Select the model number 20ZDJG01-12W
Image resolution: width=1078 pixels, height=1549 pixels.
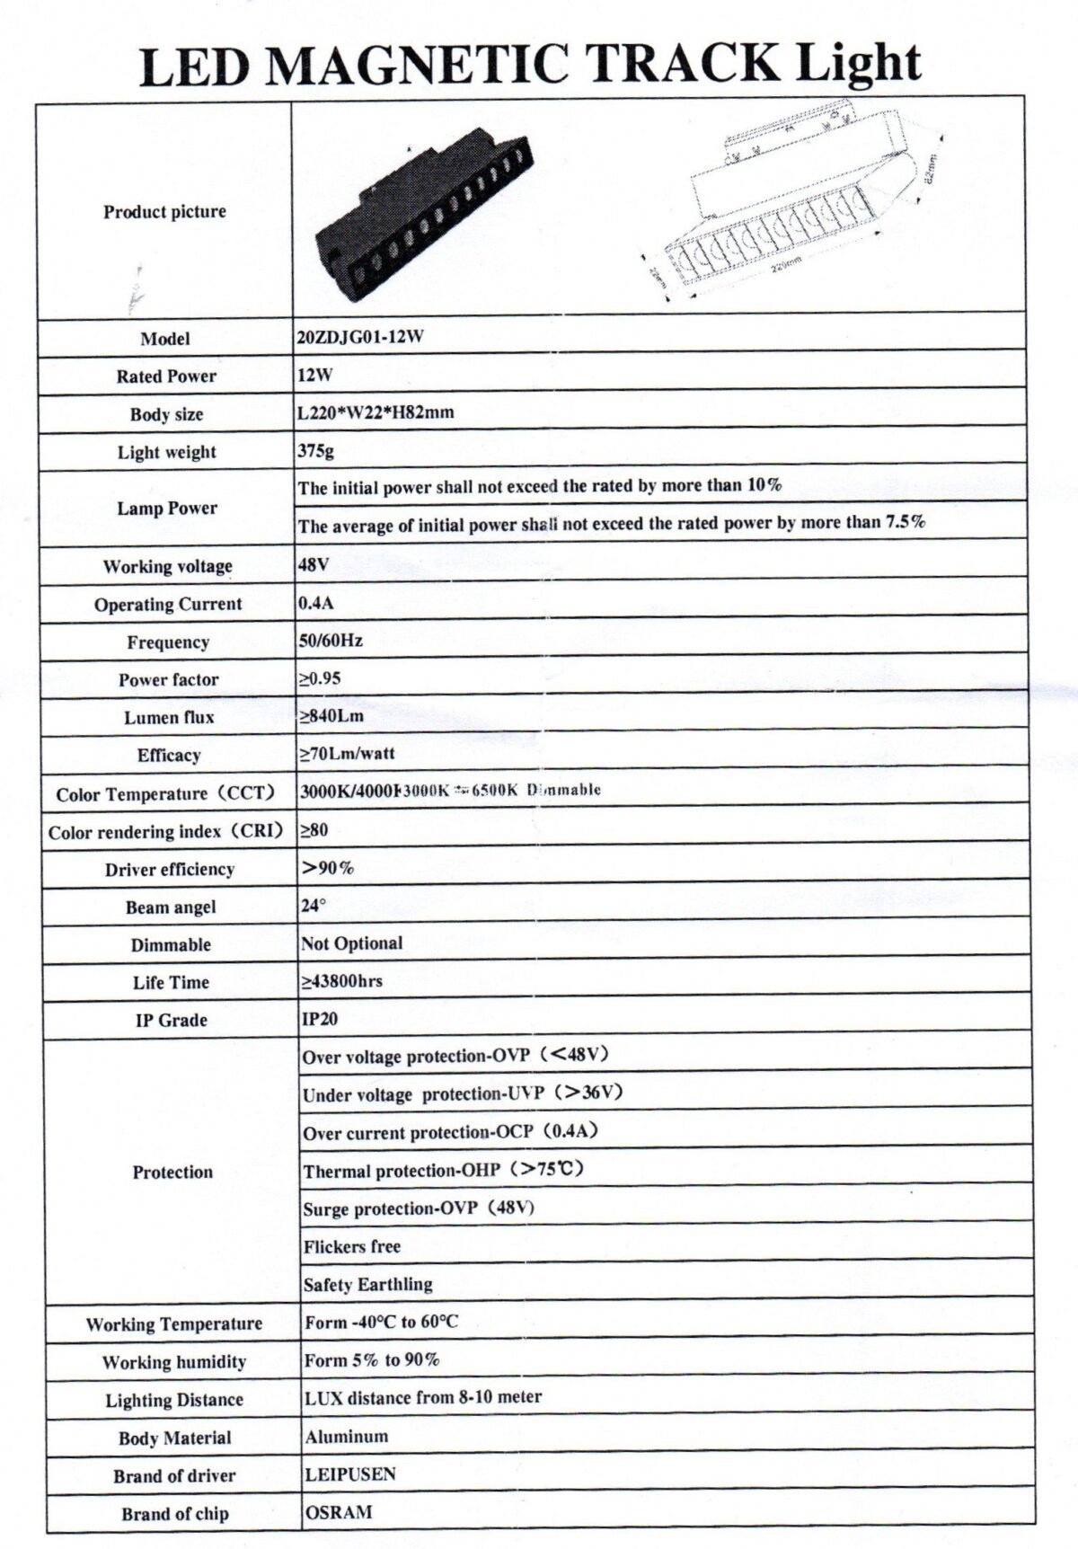[x=359, y=338]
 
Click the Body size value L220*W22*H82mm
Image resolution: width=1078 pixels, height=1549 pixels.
[x=376, y=413]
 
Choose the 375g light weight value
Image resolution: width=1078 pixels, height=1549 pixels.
[x=315, y=451]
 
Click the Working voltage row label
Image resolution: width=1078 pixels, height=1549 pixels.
[x=167, y=567]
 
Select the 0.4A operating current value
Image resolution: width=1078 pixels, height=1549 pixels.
[x=315, y=603]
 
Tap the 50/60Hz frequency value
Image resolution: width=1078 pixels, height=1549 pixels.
[x=330, y=641]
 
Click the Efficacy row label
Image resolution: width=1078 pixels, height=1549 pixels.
[x=169, y=756]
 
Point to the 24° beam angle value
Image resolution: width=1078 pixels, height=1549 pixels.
[x=314, y=906]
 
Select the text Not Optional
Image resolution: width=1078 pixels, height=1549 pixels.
[x=351, y=943]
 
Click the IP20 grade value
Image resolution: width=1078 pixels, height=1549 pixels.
[x=320, y=1019]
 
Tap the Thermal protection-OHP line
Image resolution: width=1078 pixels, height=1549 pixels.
[x=444, y=1170]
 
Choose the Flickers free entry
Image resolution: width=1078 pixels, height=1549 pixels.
[x=351, y=1246]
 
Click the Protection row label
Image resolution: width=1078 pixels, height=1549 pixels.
[x=172, y=1172]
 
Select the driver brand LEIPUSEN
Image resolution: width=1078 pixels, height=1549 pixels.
[x=350, y=1474]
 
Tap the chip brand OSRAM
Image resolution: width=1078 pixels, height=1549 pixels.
[x=338, y=1512]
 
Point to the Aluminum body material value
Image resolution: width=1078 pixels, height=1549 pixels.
[x=346, y=1436]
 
